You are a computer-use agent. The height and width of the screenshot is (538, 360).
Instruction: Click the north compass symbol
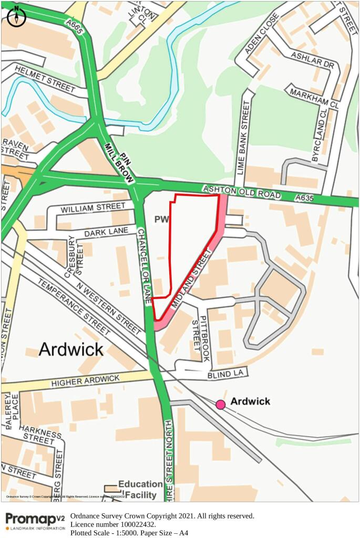(x=16, y=16)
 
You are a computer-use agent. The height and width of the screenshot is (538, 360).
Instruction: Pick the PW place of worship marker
(x=161, y=219)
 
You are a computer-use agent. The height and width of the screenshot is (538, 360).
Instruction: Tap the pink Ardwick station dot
(x=220, y=404)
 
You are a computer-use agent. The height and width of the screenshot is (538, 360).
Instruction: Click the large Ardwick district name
(x=71, y=349)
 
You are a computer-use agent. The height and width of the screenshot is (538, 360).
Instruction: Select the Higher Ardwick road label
(x=85, y=381)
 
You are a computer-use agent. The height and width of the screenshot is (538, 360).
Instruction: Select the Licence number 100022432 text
(x=113, y=524)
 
